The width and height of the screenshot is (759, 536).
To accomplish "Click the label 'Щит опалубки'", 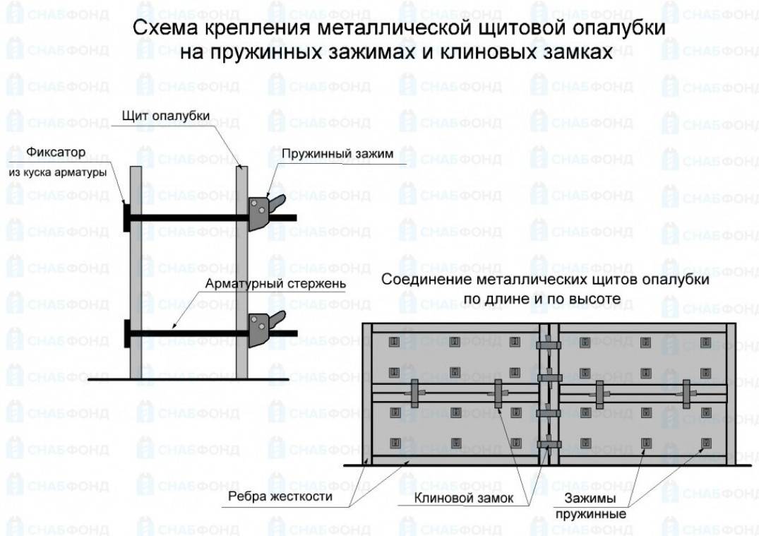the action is pyautogui.click(x=165, y=116).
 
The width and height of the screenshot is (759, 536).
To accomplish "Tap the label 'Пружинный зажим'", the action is pyautogui.click(x=337, y=154).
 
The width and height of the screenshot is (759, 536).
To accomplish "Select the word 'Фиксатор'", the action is pyautogui.click(x=56, y=152).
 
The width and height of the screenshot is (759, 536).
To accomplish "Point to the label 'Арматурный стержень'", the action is pyautogui.click(x=275, y=283).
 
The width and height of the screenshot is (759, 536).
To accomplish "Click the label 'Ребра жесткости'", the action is pyautogui.click(x=280, y=496).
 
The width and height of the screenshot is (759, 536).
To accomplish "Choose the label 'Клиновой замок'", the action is pyautogui.click(x=464, y=498).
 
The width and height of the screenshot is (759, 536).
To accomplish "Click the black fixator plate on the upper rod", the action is pyautogui.click(x=127, y=217).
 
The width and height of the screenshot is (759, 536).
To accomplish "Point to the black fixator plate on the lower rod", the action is pyautogui.click(x=127, y=333).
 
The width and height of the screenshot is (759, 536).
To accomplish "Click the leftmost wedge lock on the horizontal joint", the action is pyautogui.click(x=415, y=393).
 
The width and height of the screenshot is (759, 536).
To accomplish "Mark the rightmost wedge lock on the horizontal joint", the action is pyautogui.click(x=686, y=393).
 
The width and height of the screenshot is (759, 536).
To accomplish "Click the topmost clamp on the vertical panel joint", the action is pyautogui.click(x=549, y=345).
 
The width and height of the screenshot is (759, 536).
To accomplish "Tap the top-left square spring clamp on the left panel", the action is pyautogui.click(x=394, y=343).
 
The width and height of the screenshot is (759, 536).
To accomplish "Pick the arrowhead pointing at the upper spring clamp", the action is pyautogui.click(x=269, y=194).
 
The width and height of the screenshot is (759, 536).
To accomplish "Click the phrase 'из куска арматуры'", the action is pyautogui.click(x=58, y=172).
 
